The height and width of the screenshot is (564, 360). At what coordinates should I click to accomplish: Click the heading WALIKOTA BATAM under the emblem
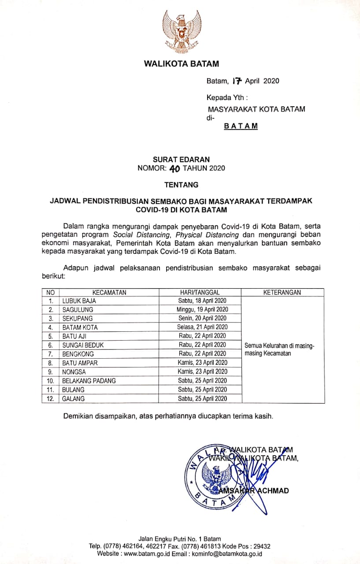click(181, 64)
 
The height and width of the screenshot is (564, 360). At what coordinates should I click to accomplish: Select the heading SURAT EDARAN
click(181, 160)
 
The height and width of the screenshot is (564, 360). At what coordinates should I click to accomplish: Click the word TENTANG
click(181, 185)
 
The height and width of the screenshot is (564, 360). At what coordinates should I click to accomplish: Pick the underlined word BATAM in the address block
click(241, 126)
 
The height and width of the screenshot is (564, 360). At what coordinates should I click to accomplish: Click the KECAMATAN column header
click(109, 292)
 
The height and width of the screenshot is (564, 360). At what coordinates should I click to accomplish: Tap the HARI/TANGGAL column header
click(200, 292)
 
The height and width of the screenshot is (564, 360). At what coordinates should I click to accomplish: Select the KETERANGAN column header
click(282, 292)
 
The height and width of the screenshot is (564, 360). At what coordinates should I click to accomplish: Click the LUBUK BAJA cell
click(79, 301)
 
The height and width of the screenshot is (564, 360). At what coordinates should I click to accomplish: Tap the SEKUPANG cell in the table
click(78, 319)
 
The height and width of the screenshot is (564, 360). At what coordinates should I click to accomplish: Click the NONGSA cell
click(74, 372)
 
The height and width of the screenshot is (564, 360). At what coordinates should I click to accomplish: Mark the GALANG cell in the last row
click(73, 399)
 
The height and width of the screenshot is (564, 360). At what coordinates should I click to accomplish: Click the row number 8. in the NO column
click(51, 363)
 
